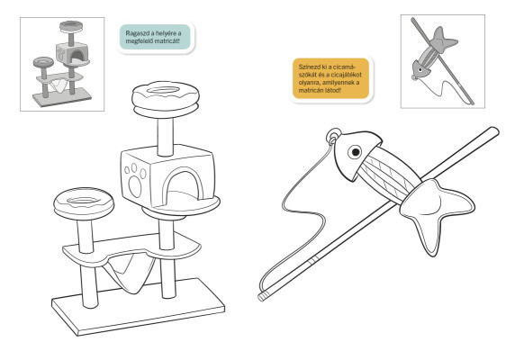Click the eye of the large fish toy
(355, 151)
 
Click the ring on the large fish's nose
(333, 136)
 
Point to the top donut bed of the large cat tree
(166, 99)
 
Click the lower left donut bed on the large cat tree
(84, 203)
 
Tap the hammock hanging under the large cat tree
(130, 270)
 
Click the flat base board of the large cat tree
(138, 308)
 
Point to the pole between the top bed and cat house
(166, 136)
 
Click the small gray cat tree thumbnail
(62, 63)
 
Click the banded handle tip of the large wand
(263, 296)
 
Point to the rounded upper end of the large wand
(493, 131)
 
